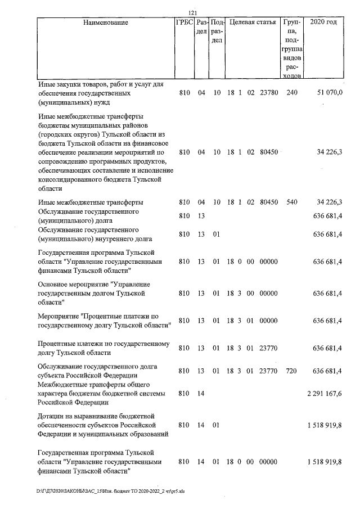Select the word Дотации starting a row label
click(x=53, y=415)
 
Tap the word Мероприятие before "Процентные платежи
click(x=58, y=316)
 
